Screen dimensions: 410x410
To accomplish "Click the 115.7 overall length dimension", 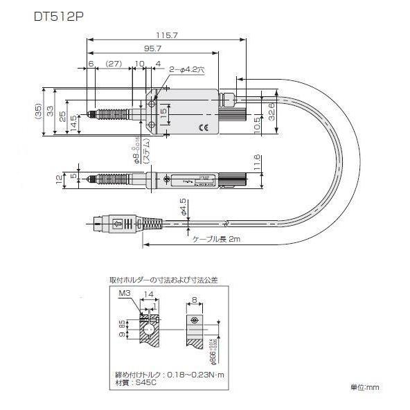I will coord(164,33).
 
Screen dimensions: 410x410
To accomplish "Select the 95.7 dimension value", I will coord(153,49).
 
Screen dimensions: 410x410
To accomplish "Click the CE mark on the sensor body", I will coord(202,127).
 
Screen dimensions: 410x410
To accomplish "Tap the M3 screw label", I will coord(125,293).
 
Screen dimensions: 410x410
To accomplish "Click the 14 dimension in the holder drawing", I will coord(148,294).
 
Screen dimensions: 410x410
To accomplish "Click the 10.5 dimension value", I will coord(258,123).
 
